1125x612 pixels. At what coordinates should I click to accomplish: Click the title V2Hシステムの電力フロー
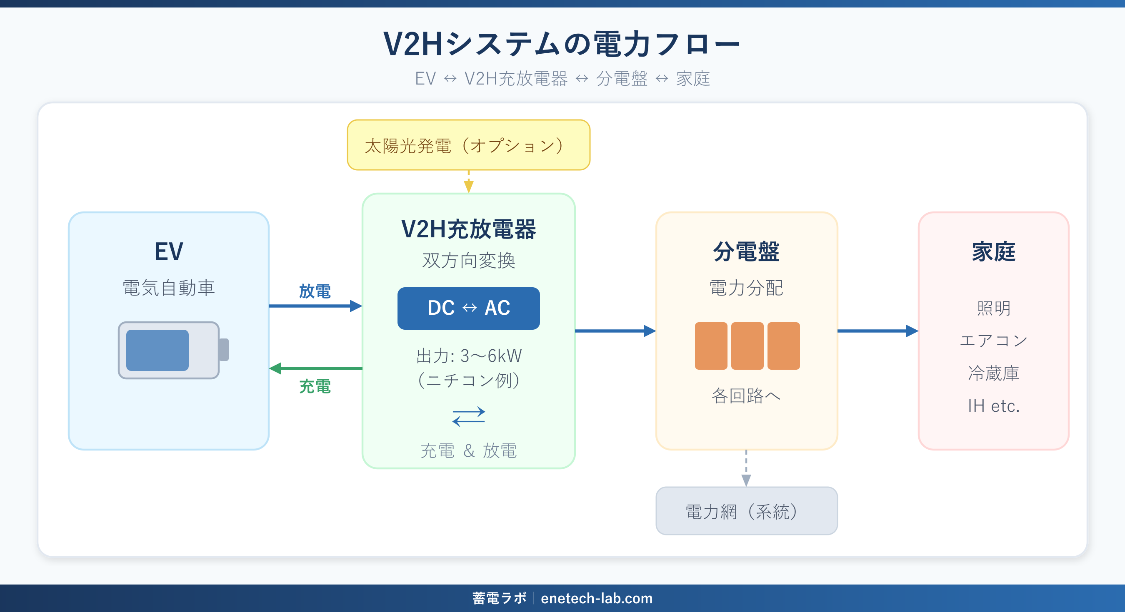coord(562,45)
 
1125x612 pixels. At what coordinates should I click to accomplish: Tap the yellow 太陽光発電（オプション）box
coord(468,145)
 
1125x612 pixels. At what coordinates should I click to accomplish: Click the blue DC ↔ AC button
coord(468,308)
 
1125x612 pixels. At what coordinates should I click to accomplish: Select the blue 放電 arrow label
coord(315,291)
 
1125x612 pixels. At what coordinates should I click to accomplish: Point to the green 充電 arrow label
coord(315,386)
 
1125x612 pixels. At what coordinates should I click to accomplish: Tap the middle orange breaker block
coord(747,346)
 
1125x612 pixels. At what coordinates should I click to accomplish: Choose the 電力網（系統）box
coord(746,511)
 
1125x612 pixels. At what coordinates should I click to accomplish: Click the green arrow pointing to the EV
coord(315,368)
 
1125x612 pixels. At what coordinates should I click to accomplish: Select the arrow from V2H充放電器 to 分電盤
coord(615,331)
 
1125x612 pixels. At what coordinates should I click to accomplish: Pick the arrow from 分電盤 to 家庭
coord(877,331)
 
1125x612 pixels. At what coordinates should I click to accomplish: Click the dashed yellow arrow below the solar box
coord(468,181)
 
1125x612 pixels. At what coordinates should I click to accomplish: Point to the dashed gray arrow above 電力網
coord(746,468)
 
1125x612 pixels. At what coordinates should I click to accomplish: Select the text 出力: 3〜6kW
coord(468,356)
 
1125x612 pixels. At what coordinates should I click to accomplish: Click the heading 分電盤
coord(746,252)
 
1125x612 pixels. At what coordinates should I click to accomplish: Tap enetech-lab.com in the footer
coord(597,598)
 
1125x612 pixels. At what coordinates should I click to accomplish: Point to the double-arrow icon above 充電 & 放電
coord(468,416)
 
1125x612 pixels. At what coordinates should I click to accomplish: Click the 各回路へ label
coord(746,396)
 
